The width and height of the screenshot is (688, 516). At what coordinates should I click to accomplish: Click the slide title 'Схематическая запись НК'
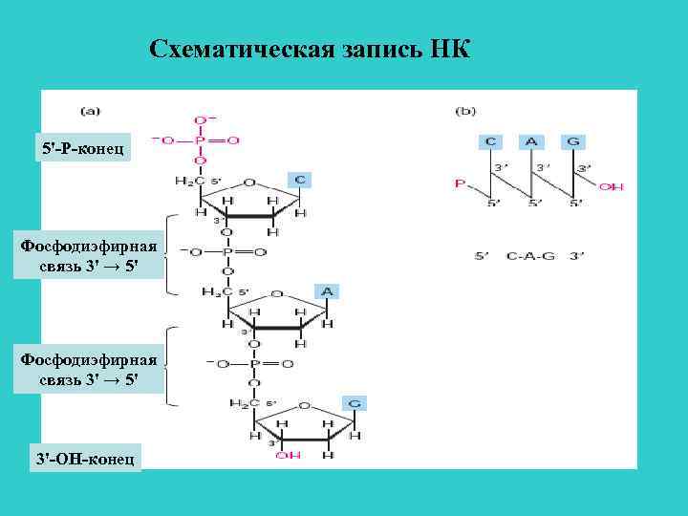point(310,49)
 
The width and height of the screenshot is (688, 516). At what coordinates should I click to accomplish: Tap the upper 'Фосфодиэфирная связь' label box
point(82,254)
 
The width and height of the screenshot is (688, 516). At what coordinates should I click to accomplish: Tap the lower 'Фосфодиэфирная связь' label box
point(82,369)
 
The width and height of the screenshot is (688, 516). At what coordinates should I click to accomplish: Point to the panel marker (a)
point(93,110)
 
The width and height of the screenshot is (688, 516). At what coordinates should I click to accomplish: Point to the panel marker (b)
point(466,110)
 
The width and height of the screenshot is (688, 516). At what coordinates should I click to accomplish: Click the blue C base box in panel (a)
point(299,179)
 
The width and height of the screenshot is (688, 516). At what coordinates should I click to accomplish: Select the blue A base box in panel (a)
point(327,290)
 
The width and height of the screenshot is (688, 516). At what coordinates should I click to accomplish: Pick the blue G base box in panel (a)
point(354,403)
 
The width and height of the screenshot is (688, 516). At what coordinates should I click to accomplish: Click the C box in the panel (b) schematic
point(489,141)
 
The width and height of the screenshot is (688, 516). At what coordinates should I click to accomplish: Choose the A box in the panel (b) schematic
point(531,141)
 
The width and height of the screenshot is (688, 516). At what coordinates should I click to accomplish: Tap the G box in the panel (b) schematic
point(573,141)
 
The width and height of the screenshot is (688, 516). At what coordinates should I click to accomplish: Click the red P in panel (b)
point(460,183)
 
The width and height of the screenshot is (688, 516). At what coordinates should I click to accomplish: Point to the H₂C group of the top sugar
point(189,182)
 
